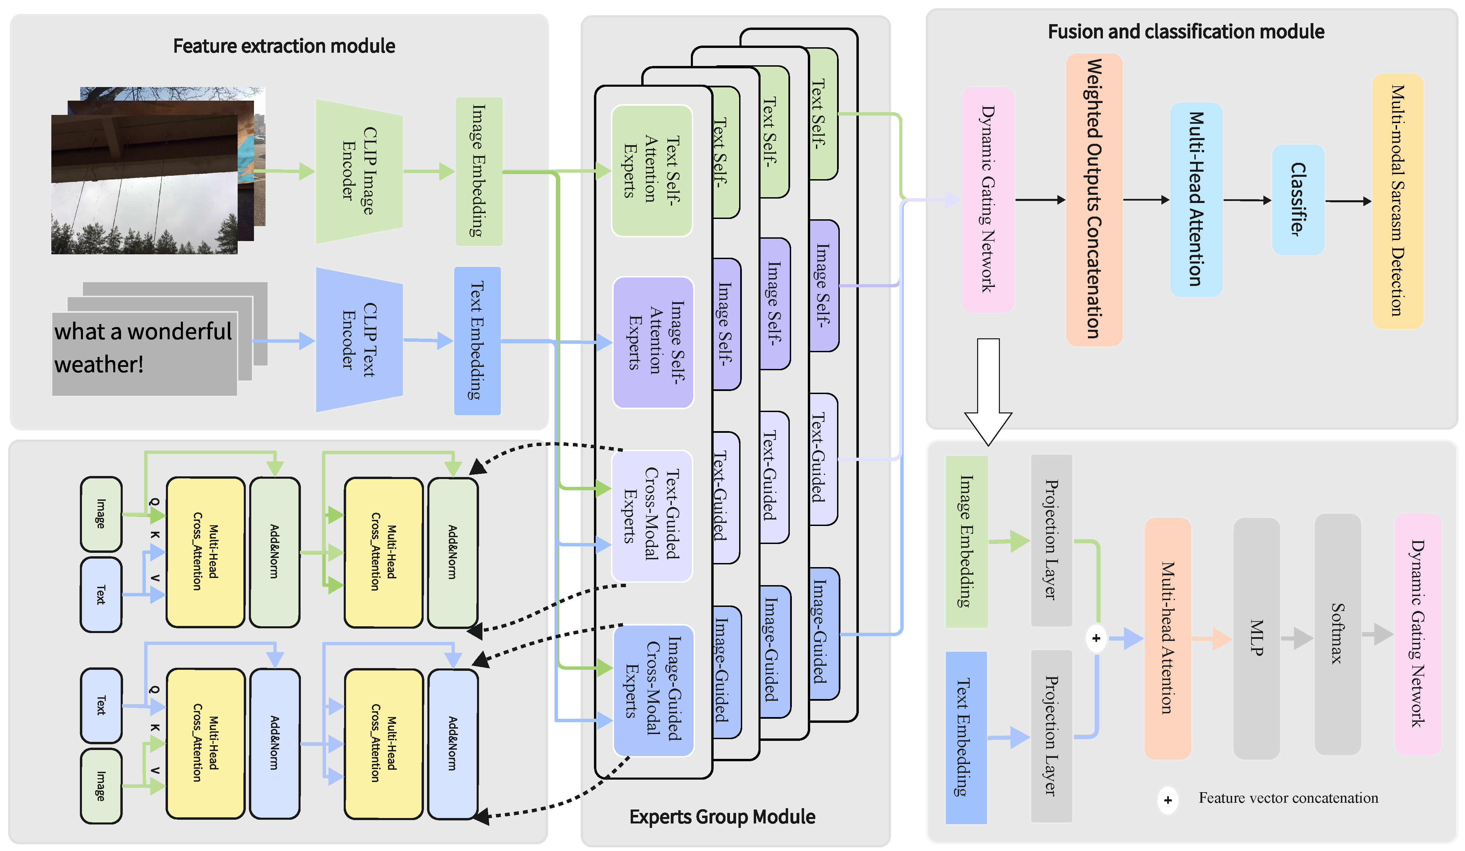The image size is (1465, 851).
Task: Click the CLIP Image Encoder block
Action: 359,171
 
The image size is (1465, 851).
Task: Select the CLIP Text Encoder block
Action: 359,340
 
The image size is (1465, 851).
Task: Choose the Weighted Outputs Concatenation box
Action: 1093,199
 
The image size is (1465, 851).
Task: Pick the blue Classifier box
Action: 1298,199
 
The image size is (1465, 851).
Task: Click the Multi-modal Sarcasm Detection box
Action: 1397,201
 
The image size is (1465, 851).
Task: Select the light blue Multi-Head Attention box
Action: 1196,199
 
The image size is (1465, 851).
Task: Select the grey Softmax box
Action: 1337,634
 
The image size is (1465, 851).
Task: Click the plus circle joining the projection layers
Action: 1096,638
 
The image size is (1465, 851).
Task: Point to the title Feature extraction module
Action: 284,46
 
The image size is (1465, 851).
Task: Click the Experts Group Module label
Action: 722,817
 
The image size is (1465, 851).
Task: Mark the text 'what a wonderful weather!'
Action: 143,347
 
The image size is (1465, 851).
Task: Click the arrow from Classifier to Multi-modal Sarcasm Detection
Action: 1348,201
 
